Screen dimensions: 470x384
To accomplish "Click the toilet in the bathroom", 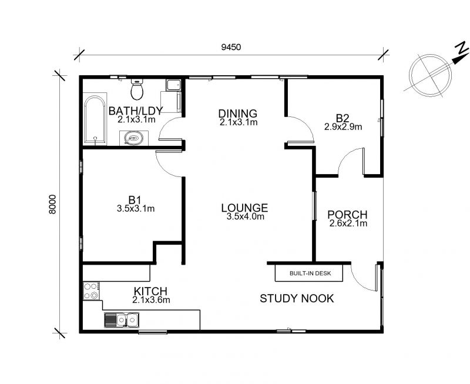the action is pyautogui.click(x=137, y=89).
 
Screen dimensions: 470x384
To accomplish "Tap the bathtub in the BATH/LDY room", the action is pyautogui.click(x=95, y=120).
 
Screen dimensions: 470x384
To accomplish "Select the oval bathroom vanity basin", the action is pyautogui.click(x=134, y=138).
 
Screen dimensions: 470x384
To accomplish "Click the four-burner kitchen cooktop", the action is pyautogui.click(x=92, y=290).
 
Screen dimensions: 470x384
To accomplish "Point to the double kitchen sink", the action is pyautogui.click(x=121, y=320).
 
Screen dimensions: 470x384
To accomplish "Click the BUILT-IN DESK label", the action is pyautogui.click(x=310, y=273).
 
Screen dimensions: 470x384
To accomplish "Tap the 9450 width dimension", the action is pyautogui.click(x=231, y=47).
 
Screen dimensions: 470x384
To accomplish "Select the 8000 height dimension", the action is pyautogui.click(x=52, y=204).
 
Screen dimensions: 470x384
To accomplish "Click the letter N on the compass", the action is pyautogui.click(x=462, y=48).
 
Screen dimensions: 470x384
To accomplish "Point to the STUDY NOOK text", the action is pyautogui.click(x=297, y=299).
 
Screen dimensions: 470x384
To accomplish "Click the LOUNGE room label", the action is pyautogui.click(x=244, y=208).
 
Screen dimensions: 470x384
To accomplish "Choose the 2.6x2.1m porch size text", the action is pyautogui.click(x=348, y=223).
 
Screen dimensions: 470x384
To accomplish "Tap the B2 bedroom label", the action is pyautogui.click(x=343, y=118).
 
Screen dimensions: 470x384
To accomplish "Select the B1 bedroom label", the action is pyautogui.click(x=135, y=199).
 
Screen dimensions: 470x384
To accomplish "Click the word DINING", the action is pyautogui.click(x=238, y=113).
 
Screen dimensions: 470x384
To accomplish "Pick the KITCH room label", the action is pyautogui.click(x=150, y=291).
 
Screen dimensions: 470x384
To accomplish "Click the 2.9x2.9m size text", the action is pyautogui.click(x=343, y=126).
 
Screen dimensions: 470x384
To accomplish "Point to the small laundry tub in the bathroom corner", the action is pyautogui.click(x=173, y=85).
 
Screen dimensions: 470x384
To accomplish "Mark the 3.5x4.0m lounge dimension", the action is pyautogui.click(x=246, y=216).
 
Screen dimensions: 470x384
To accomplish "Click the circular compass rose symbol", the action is pyautogui.click(x=431, y=75).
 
